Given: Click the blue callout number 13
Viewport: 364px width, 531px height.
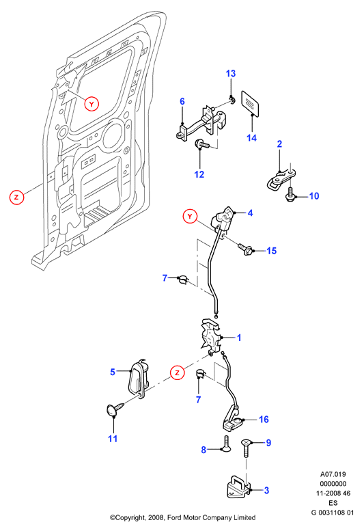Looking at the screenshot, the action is tap(231, 74).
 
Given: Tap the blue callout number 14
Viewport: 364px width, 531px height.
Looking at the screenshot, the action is tap(251, 138).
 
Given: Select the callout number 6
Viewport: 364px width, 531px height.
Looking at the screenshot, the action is tap(182, 101).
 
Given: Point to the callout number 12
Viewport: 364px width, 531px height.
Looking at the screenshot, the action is tap(199, 174).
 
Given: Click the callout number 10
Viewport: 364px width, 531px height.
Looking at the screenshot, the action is tap(314, 196).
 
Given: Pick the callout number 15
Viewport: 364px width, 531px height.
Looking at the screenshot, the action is tap(271, 251).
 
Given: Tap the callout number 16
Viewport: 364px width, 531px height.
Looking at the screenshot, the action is tap(264, 420).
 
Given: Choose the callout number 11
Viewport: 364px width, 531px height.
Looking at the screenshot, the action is tap(113, 439).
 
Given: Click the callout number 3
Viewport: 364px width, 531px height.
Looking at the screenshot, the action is tap(266, 491).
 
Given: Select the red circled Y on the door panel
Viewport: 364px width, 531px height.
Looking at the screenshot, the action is tap(92, 104).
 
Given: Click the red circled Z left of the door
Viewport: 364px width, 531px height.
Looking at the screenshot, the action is tap(16, 197).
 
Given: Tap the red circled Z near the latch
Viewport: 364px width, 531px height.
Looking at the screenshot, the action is tap(177, 373).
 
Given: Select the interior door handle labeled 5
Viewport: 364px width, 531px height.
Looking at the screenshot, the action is tap(139, 379).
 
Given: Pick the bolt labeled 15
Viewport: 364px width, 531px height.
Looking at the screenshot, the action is tap(247, 249).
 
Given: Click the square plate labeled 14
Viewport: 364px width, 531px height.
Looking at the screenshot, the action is tap(251, 103).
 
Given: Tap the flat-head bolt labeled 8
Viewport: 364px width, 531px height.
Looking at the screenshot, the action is tap(226, 444).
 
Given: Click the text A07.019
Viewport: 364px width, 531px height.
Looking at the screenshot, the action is tap(333, 474).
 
